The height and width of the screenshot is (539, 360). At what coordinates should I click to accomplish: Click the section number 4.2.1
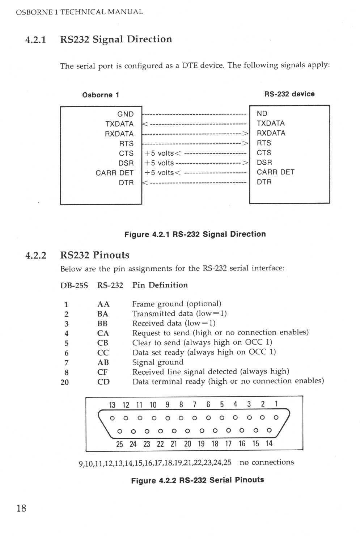pos(35,40)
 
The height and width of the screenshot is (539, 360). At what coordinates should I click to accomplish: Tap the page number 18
pos(21,508)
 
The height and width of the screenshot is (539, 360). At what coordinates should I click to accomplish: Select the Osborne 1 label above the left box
pos(101,95)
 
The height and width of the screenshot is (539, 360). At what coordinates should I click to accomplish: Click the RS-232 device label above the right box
pos(289,94)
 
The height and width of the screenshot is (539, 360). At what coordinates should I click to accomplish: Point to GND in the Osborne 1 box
pos(126,114)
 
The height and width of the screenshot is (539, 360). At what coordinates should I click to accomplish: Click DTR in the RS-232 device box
pos(264,182)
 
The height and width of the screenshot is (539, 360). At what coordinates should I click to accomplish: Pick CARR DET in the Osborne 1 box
pos(114,173)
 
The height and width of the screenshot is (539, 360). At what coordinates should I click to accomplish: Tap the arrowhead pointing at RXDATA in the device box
pos(245,134)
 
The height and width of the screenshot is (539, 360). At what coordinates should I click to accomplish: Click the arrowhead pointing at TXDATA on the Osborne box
pos(145,124)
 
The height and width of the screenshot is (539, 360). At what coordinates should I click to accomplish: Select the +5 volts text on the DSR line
pos(159,163)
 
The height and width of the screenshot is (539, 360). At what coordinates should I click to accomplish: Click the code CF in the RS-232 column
pos(102,372)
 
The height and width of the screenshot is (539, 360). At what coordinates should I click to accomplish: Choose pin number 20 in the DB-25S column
pos(65,382)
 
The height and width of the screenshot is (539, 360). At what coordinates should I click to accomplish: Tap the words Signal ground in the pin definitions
pos(158,362)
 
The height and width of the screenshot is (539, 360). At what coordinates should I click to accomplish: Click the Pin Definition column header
pos(160,285)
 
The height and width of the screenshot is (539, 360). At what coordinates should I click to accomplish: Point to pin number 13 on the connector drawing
pos(112,405)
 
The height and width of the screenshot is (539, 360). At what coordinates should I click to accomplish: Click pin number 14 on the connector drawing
pos(269,443)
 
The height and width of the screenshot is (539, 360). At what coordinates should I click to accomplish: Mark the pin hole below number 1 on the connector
pos(276,417)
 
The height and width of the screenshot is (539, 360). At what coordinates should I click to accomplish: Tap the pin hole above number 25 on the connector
pos(120,431)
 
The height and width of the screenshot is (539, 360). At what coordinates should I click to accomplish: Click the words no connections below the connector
pos(267,462)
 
